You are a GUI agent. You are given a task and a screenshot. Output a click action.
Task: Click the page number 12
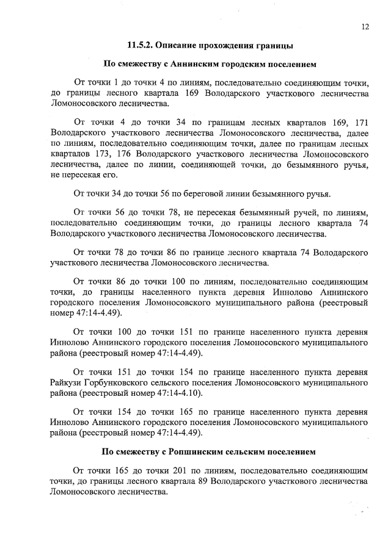[x=365, y=26]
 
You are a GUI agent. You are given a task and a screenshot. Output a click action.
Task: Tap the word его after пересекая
[x=111, y=175]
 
